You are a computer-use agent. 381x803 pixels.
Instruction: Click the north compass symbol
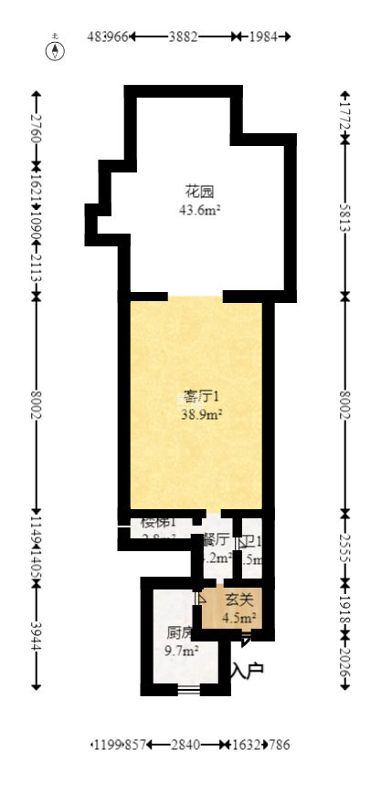click(57, 47)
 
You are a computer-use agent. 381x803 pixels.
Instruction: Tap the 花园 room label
click(199, 193)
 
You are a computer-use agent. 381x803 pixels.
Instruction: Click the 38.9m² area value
click(202, 413)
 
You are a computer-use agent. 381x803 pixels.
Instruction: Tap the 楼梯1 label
click(158, 523)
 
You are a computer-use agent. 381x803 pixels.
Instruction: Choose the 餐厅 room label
click(216, 539)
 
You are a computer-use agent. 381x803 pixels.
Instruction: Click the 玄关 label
click(238, 600)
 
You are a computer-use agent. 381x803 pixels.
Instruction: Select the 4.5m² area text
click(240, 617)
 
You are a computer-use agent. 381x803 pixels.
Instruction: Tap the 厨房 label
click(179, 632)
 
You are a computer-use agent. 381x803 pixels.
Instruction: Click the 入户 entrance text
click(247, 671)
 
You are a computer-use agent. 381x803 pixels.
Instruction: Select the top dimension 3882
click(183, 36)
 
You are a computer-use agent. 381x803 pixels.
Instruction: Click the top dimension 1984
click(261, 36)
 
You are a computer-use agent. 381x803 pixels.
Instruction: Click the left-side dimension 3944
click(36, 635)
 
